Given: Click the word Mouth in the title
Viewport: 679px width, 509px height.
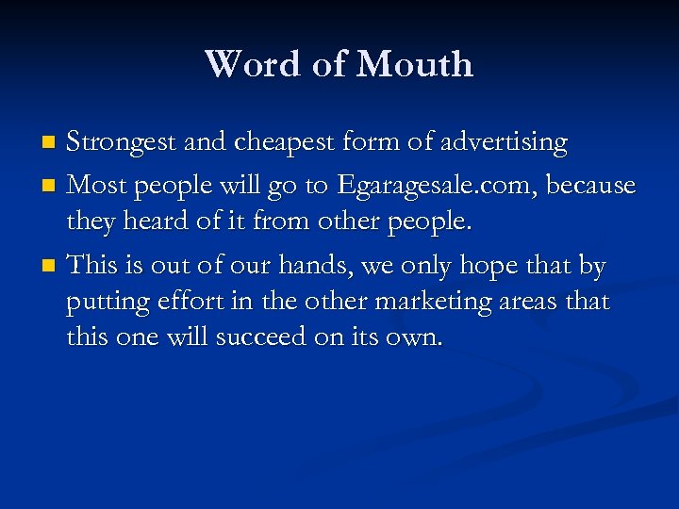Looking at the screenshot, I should pos(416,64).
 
